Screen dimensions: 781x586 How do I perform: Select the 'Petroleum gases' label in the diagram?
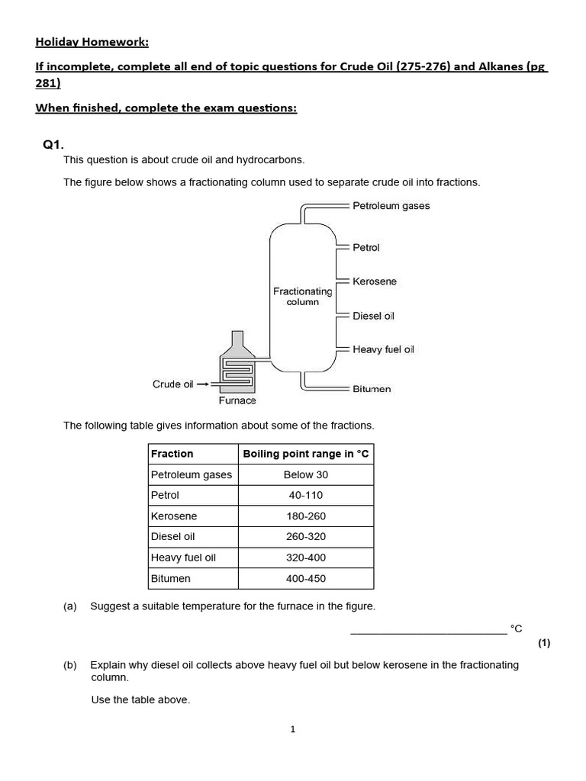(x=391, y=206)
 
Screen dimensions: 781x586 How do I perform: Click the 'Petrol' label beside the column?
(x=365, y=248)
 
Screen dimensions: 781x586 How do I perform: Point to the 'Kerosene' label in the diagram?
(x=375, y=281)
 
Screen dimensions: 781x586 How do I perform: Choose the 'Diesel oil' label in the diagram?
(x=373, y=316)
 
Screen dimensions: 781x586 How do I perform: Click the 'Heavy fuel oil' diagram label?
(x=383, y=349)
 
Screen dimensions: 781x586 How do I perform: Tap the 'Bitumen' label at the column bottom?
(x=372, y=389)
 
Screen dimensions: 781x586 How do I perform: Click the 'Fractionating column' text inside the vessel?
(x=302, y=296)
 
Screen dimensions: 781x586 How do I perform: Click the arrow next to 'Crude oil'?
(x=203, y=384)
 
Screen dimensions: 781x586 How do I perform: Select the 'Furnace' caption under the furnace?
(x=237, y=400)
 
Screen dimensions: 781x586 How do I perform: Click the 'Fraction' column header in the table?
(x=172, y=454)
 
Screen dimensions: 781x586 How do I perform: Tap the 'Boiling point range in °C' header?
(x=305, y=454)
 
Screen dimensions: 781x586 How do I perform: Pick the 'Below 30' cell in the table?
(x=305, y=474)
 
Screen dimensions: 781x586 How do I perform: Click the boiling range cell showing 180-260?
(x=305, y=516)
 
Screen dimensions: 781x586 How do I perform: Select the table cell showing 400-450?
(x=305, y=578)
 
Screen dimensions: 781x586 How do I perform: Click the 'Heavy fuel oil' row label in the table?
(x=183, y=558)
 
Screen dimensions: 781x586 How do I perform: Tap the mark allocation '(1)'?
(x=543, y=643)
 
